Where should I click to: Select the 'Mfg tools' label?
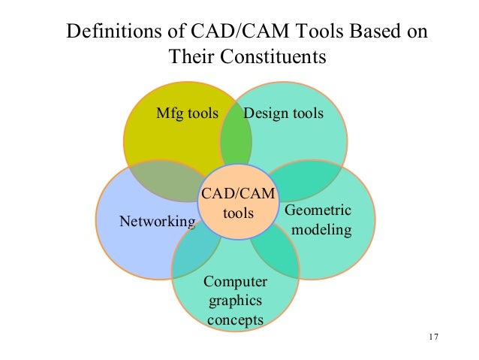click(x=186, y=114)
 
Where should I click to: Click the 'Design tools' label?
click(x=284, y=114)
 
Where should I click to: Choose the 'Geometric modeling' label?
click(x=318, y=219)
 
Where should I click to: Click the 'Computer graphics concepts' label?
click(x=235, y=301)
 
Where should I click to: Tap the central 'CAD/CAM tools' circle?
click(x=237, y=203)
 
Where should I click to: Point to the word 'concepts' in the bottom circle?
click(x=235, y=320)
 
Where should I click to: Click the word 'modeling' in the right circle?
click(x=321, y=229)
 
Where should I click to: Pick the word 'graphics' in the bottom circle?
click(x=235, y=301)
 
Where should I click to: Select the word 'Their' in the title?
click(x=191, y=56)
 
